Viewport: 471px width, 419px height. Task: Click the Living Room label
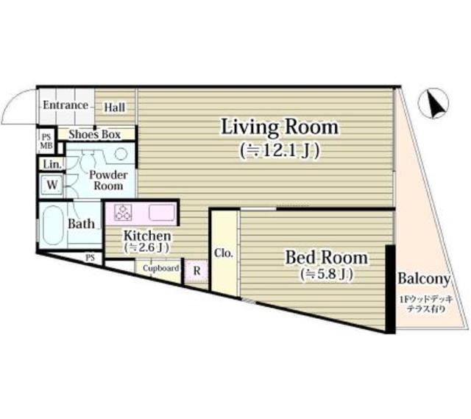click(280, 127)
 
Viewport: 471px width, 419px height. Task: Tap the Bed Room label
click(326, 258)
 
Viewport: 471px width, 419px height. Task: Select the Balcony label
click(424, 279)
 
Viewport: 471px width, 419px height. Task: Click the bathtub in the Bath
click(53, 225)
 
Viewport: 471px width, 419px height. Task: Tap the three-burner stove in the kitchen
click(123, 212)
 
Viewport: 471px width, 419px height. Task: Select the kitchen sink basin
click(162, 213)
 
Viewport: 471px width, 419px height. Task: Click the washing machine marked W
click(52, 184)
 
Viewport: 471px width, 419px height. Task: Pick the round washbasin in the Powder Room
click(121, 154)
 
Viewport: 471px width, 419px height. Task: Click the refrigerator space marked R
click(196, 271)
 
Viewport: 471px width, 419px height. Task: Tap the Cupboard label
click(161, 268)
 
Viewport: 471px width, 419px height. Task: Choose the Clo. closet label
click(224, 253)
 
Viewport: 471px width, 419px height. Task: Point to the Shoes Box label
click(95, 134)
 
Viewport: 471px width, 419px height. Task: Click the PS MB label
click(46, 141)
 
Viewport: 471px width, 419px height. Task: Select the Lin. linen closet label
click(52, 164)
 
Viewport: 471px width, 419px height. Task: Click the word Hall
click(115, 108)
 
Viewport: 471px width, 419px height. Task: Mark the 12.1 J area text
click(280, 151)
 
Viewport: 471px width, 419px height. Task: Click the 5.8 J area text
click(327, 274)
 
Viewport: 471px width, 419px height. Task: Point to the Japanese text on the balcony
click(426, 304)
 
